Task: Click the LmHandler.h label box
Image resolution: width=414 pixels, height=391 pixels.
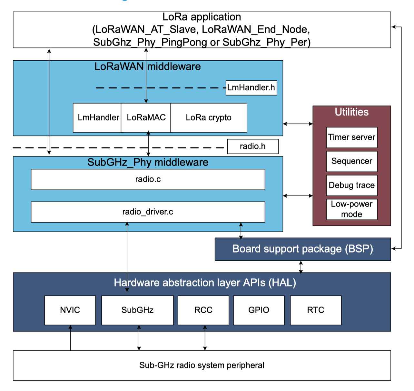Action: (x=251, y=88)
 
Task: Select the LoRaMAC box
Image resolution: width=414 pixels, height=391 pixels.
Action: (x=146, y=118)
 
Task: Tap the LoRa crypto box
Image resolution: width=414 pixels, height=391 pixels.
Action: (x=209, y=118)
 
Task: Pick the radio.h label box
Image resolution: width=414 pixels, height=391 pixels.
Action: (x=252, y=146)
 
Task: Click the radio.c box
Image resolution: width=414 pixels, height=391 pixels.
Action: (x=148, y=179)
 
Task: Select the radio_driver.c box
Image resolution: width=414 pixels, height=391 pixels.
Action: (x=148, y=212)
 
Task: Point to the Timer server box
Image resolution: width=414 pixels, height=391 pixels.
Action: (x=351, y=137)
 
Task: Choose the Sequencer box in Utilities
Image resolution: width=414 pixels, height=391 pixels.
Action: (x=351, y=161)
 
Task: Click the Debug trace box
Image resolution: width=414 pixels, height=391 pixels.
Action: (x=351, y=185)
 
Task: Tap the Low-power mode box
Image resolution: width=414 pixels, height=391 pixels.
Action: (x=351, y=209)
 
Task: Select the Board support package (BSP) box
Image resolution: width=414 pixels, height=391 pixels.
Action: (x=302, y=249)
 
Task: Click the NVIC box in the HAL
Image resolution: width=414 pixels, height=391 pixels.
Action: (x=70, y=310)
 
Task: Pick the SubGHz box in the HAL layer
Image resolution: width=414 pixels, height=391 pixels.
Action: (x=137, y=310)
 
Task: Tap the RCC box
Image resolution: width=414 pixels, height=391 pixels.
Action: (x=203, y=310)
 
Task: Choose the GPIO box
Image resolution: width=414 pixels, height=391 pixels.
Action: (x=259, y=310)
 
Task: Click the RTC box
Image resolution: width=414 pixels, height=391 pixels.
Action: (x=315, y=310)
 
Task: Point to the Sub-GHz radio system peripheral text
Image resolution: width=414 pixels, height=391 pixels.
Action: (x=202, y=365)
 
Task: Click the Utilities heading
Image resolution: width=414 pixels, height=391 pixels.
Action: (x=351, y=112)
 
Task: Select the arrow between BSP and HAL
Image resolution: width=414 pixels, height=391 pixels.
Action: (x=301, y=267)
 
